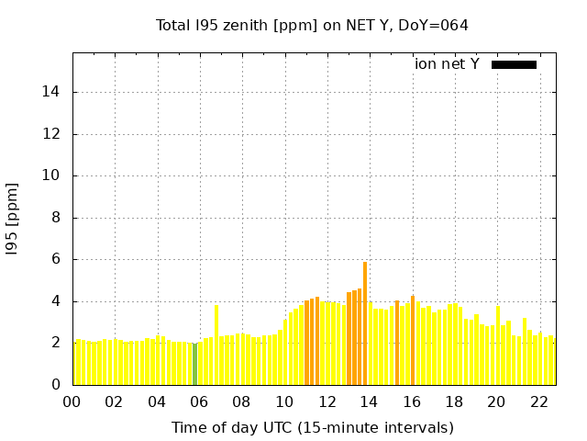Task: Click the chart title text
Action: click(312, 25)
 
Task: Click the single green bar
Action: click(194, 364)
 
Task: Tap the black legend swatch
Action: click(514, 64)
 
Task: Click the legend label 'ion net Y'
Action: click(447, 64)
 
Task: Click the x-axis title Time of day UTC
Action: click(312, 427)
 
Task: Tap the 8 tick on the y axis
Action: click(56, 218)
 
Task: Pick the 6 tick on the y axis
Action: click(56, 259)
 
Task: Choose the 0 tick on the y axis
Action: click(56, 385)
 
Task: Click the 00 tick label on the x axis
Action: click(72, 401)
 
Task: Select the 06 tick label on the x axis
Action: click(199, 401)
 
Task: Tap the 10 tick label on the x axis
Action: click(284, 401)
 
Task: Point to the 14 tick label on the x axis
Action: click(370, 401)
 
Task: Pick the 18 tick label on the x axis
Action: click(454, 401)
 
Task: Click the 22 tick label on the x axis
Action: click(539, 401)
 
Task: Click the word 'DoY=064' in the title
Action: click(437, 25)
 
